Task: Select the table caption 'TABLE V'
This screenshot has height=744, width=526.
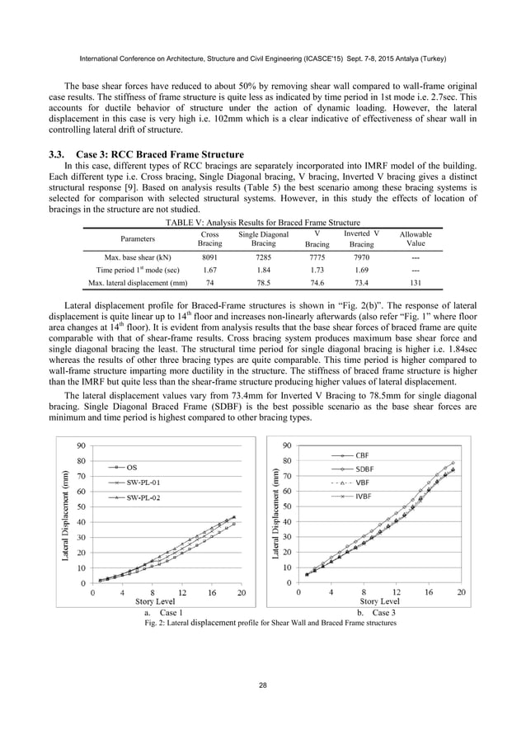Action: tap(262, 223)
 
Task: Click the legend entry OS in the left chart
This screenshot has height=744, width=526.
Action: tap(132, 467)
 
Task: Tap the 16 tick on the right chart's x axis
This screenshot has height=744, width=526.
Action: tap(429, 591)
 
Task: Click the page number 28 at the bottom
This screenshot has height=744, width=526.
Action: tap(262, 685)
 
